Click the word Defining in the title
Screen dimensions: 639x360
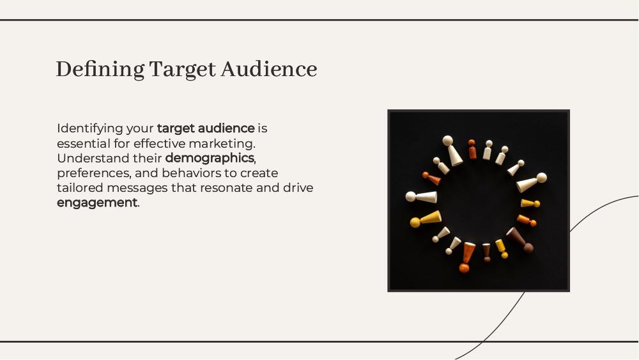pyautogui.click(x=100, y=69)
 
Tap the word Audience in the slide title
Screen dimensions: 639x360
pyautogui.click(x=269, y=68)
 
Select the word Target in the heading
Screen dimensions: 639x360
pyautogui.click(x=182, y=69)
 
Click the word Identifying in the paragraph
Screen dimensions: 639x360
pyautogui.click(x=90, y=129)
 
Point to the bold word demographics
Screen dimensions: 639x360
pyautogui.click(x=210, y=159)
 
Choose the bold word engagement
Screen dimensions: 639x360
pyautogui.click(x=97, y=203)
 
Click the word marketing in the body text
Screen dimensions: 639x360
pyautogui.click(x=222, y=144)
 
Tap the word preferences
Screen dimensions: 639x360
pyautogui.click(x=94, y=174)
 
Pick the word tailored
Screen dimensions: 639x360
pyautogui.click(x=80, y=188)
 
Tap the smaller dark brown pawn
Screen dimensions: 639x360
pyautogui.click(x=486, y=253)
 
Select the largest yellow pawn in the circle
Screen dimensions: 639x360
pyautogui.click(x=426, y=219)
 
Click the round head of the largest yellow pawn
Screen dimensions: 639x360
pyautogui.click(x=415, y=223)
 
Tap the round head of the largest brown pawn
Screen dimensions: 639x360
pyautogui.click(x=528, y=247)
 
